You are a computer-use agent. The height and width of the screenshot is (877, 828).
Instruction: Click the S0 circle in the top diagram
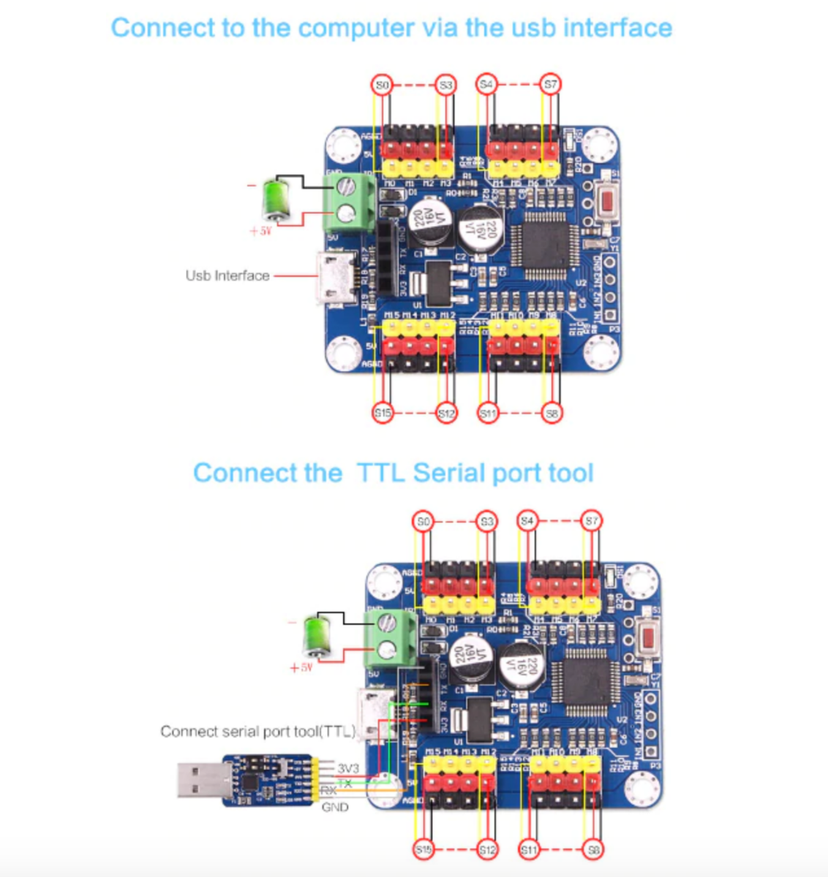(381, 85)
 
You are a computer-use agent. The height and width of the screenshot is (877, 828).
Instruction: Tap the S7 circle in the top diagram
(551, 85)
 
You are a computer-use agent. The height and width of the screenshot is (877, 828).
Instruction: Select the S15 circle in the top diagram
(383, 413)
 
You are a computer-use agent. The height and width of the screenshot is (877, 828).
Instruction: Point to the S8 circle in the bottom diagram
(593, 850)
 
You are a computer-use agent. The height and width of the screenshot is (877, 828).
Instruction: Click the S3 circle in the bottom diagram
(486, 521)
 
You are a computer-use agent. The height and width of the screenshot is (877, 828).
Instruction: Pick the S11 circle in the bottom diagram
(529, 850)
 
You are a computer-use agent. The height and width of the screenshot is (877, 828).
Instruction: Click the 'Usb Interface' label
(227, 276)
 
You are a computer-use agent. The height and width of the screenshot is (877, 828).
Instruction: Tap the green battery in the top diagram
(276, 197)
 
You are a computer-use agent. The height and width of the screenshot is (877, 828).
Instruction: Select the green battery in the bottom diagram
(317, 634)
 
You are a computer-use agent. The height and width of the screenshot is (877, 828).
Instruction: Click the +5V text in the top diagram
(260, 231)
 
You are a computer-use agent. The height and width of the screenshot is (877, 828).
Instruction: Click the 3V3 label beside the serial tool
(348, 769)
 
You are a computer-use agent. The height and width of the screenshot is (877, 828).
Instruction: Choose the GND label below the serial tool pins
(335, 807)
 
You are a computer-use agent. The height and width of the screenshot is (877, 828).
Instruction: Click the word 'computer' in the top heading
(356, 28)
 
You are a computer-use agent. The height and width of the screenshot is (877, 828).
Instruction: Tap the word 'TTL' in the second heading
(380, 473)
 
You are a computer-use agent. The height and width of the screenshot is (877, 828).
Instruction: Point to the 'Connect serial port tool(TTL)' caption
(257, 732)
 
